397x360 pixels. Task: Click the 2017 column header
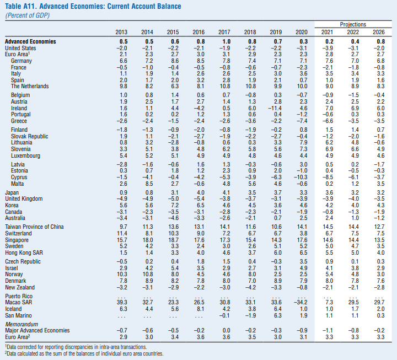tap(224, 32)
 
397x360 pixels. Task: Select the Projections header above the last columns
tap(353, 24)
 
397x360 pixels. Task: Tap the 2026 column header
tap(378, 32)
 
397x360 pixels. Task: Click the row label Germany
tap(22, 61)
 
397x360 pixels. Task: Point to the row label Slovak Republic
tap(29, 136)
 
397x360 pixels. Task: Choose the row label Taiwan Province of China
tap(34, 227)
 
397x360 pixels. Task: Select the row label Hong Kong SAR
tap(24, 252)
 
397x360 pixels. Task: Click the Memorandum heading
tap(22, 324)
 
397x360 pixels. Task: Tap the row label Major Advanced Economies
tap(37, 330)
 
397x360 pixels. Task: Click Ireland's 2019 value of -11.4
tap(275, 108)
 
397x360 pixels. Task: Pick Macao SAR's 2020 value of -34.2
tap(301, 302)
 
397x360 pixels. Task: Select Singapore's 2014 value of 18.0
tap(148, 240)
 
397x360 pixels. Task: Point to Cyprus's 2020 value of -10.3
tap(301, 177)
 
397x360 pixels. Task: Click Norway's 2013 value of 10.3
tap(122, 274)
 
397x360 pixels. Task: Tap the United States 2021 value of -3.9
tap(328, 48)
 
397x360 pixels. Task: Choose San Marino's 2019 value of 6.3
tap(278, 315)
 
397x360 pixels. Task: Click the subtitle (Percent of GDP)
tap(28, 15)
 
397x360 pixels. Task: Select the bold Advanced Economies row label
tap(30, 41)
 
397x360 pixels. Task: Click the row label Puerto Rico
tap(19, 296)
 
